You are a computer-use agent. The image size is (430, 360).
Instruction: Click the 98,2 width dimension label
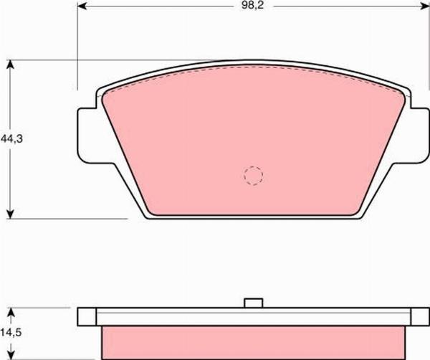click(x=252, y=6)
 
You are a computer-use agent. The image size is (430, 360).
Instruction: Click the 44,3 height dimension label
click(x=11, y=139)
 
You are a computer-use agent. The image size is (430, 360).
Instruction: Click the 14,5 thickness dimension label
click(x=11, y=333)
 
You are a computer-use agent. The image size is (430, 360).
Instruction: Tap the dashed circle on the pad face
click(x=254, y=176)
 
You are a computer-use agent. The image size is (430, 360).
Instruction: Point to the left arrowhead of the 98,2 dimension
click(x=82, y=6)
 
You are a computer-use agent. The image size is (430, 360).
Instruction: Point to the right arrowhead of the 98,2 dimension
click(x=424, y=6)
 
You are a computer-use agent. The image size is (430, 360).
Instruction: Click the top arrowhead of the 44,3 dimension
click(x=10, y=65)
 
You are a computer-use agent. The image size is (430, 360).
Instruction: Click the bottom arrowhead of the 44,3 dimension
click(x=10, y=214)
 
